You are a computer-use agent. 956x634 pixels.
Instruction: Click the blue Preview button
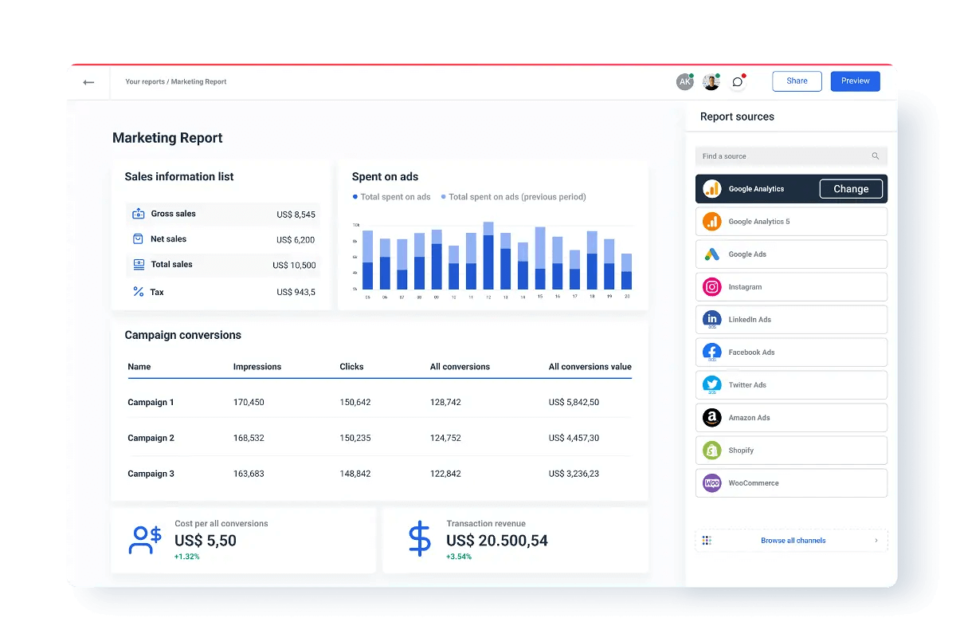855,81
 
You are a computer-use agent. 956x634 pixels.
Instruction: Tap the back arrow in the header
88,82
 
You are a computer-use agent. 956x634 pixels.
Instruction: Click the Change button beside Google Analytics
850,189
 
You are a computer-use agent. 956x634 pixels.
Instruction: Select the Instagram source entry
790,287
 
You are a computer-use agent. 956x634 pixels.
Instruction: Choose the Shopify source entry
790,451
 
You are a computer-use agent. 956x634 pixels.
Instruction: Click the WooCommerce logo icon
711,483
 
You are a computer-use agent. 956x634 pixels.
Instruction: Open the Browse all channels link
792,541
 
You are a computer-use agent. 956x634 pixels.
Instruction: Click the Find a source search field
785,156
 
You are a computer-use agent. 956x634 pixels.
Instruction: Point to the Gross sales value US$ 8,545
296,215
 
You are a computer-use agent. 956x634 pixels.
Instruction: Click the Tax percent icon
139,292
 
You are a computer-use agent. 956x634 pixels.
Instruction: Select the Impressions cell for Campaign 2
249,438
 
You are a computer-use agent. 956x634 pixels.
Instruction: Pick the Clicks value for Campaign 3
355,474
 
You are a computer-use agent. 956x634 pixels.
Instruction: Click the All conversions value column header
590,367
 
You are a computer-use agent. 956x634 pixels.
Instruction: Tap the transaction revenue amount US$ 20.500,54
496,541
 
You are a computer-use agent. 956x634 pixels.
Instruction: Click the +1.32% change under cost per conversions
187,557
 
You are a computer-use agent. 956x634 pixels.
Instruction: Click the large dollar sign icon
419,539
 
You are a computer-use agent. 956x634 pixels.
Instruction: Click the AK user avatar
684,82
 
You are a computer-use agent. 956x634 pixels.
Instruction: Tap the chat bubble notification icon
738,82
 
